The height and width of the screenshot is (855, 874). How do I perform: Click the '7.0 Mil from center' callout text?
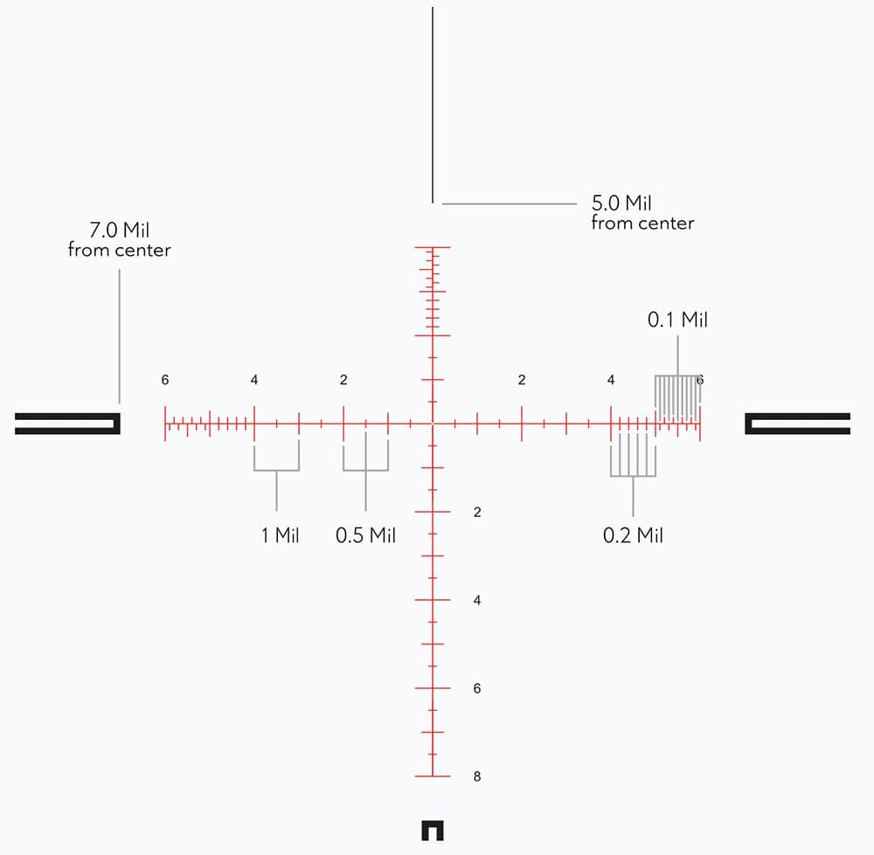point(119,239)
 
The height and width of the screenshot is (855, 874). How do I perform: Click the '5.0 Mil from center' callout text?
point(642,212)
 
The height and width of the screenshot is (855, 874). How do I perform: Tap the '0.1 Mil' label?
point(678,320)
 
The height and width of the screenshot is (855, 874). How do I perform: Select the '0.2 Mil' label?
point(633,535)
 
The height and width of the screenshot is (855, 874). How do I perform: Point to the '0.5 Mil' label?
point(365,535)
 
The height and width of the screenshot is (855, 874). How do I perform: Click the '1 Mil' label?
point(281,535)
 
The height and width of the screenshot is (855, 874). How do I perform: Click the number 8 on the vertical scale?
point(477,776)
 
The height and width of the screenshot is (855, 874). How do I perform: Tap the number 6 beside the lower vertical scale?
point(477,688)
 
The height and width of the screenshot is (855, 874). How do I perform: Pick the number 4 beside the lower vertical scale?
point(477,601)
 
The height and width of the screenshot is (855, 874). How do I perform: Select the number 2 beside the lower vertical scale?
point(477,513)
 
